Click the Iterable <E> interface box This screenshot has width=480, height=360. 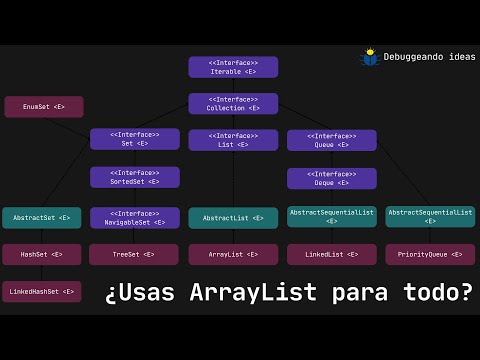pos(233,67)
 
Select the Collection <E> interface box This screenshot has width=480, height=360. pos(233,103)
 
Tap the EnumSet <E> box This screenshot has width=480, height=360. pos(44,106)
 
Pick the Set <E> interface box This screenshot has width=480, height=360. pos(134,139)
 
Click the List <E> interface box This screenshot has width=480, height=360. pos(233,139)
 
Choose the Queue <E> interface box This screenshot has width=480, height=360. pos(331,139)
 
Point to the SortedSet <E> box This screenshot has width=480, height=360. pos(134,177)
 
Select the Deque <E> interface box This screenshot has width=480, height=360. pos(331,178)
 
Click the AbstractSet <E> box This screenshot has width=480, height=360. pos(41,217)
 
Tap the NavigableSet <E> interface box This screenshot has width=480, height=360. pos(134,217)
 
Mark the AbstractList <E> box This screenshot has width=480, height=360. pos(233,217)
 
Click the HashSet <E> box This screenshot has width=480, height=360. pos(41,254)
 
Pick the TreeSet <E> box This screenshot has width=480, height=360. pos(134,254)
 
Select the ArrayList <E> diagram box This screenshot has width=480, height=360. pos(233,254)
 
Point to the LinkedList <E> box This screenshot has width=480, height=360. pos(331,254)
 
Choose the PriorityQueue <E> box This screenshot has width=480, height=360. pos(430,254)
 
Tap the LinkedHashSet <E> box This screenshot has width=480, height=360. pos(41,292)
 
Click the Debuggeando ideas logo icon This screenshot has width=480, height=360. pos(370,57)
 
